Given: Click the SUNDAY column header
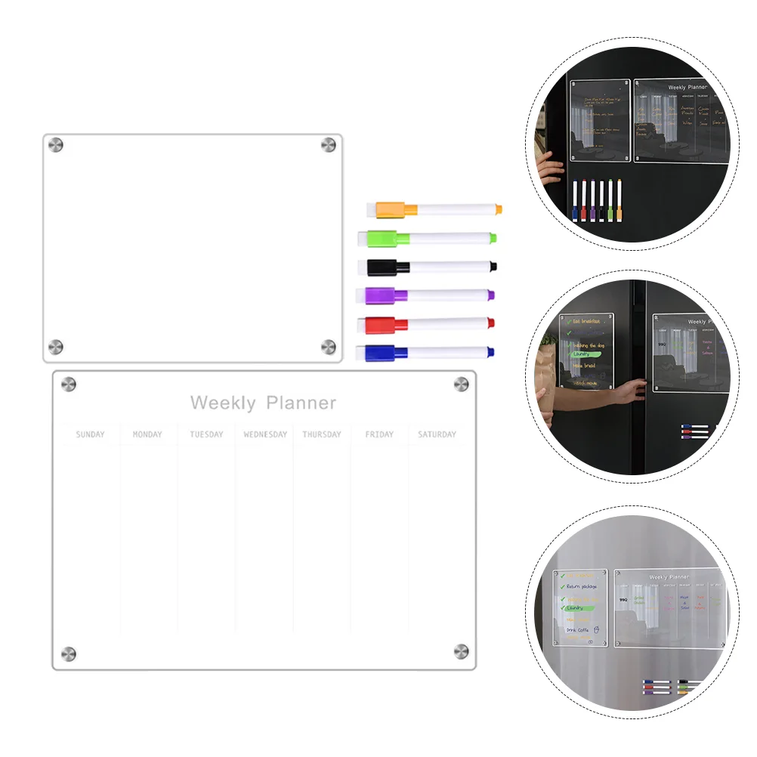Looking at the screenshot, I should point(91,434).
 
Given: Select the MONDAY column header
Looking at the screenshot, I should point(147,434).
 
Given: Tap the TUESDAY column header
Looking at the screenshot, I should point(206,434).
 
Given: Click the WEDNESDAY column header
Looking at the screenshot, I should point(265,434).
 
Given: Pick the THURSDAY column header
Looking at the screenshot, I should point(322,434).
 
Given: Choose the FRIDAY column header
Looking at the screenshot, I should point(379,434).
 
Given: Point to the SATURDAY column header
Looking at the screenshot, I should point(437,434).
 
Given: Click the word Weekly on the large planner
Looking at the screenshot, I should point(223,403).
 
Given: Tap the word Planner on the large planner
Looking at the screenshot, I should point(301,403).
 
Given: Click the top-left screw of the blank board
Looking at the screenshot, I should point(56,144).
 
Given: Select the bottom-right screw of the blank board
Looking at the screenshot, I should point(329,346).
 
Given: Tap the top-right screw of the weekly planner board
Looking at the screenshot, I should point(461,385).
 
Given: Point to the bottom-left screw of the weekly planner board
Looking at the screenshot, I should point(68,653).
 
